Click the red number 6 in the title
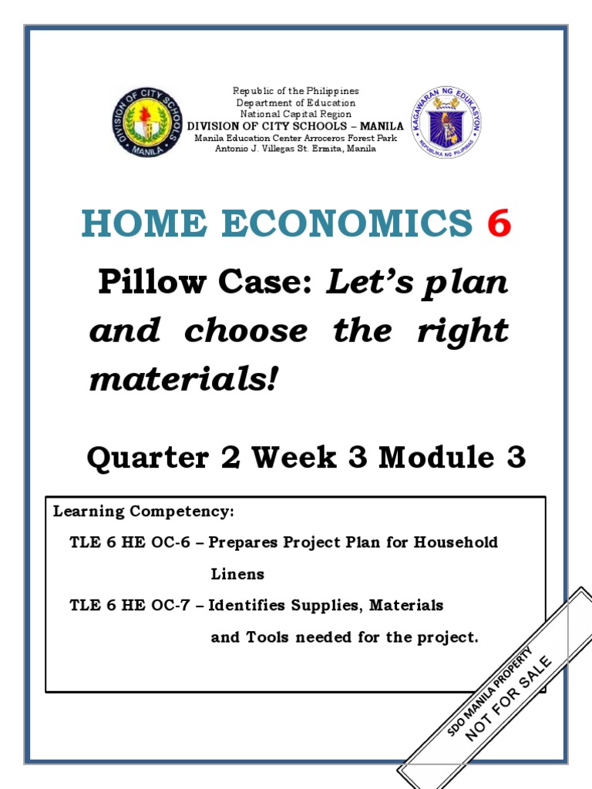[498, 224]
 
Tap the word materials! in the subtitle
[182, 378]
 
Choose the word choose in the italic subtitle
[245, 331]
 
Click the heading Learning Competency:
[143, 512]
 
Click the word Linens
[237, 574]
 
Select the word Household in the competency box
[456, 542]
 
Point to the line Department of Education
[296, 102]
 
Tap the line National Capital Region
[296, 113]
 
